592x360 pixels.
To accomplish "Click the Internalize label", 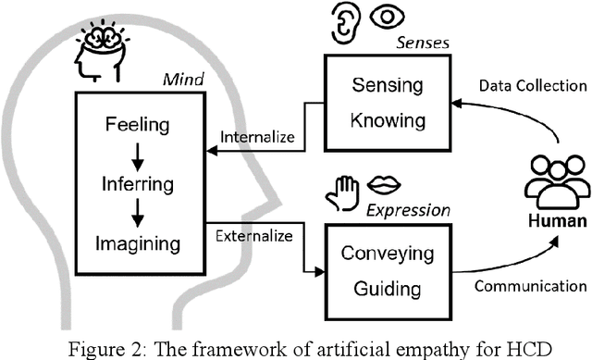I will (256, 138).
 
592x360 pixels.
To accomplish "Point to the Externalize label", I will (256, 236).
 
